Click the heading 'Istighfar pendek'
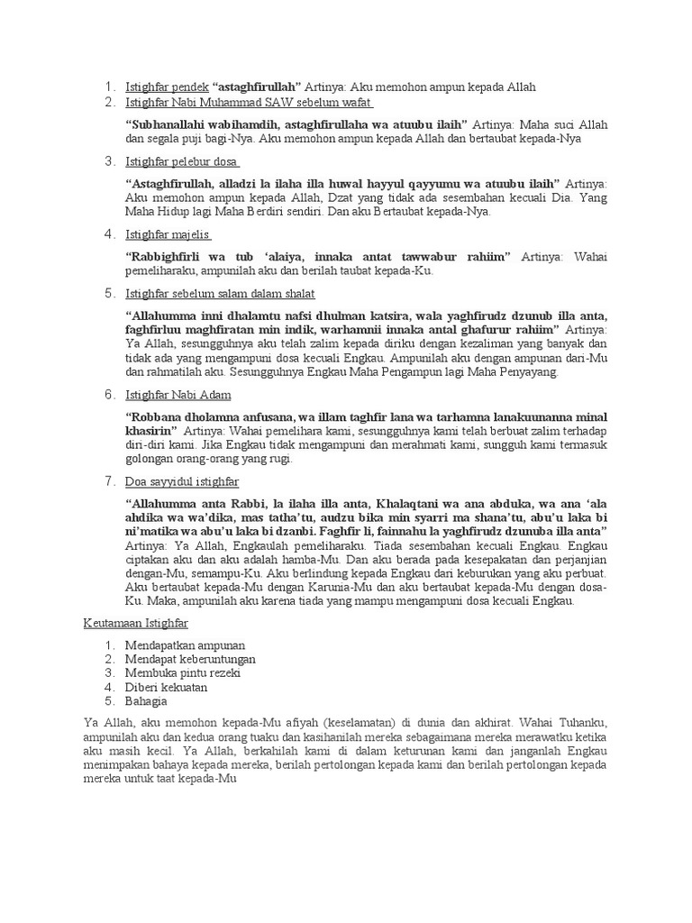pyautogui.click(x=167, y=87)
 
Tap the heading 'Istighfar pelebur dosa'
pyautogui.click(x=182, y=161)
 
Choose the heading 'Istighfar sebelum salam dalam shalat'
pyautogui.click(x=221, y=294)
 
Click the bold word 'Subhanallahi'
pyautogui.click(x=168, y=123)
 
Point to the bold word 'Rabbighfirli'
pyautogui.click(x=169, y=257)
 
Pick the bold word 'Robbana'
pyautogui.click(x=156, y=417)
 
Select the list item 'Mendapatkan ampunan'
pyautogui.click(x=185, y=645)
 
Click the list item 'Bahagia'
pyautogui.click(x=146, y=700)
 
